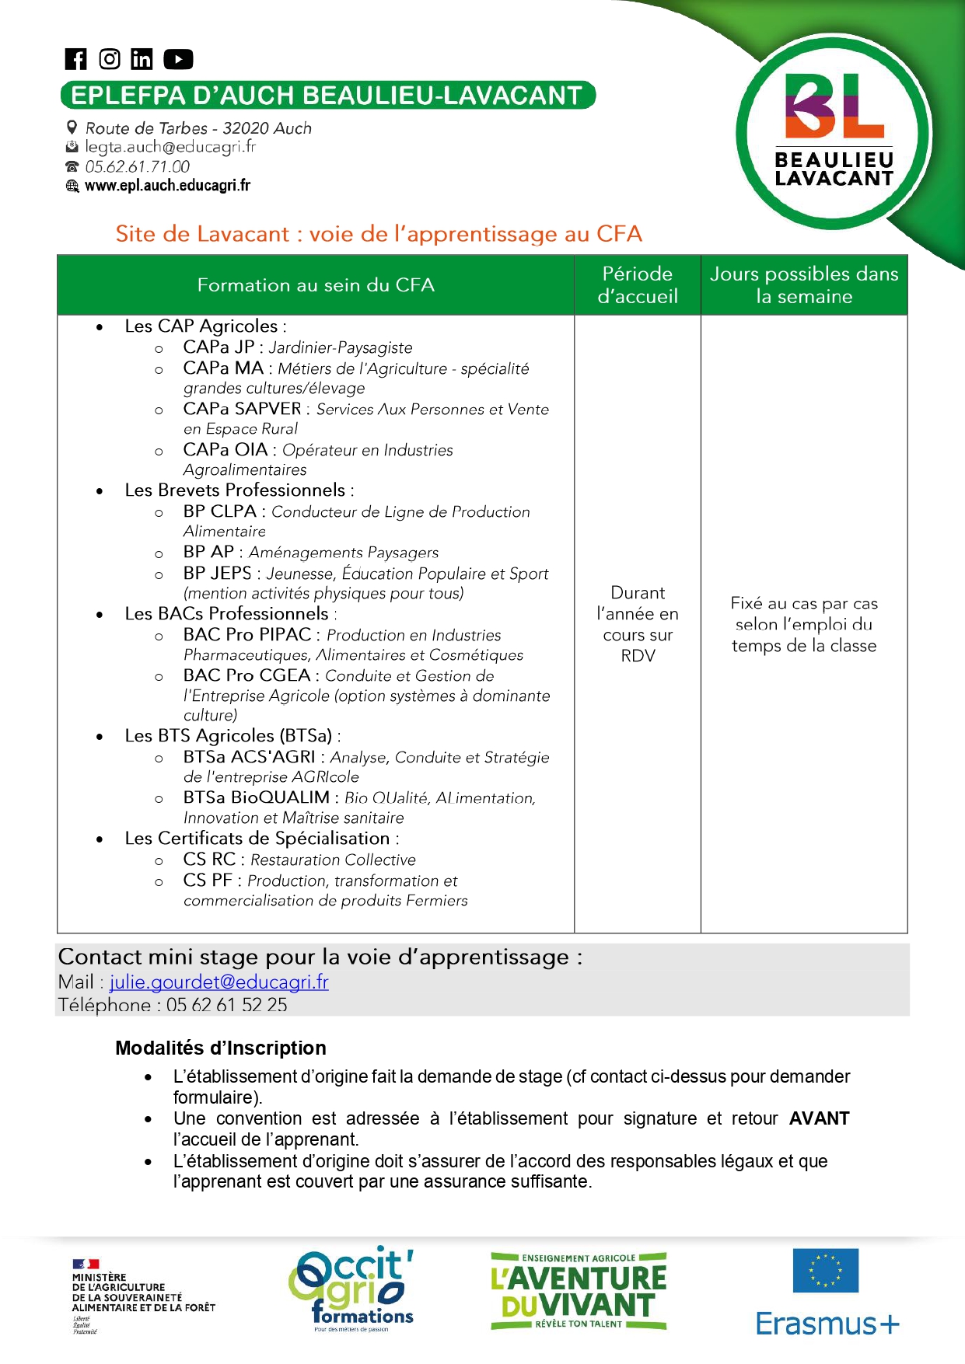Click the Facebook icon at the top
coord(75,59)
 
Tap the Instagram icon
coord(110,59)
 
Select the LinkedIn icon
coord(142,59)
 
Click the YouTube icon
coord(178,59)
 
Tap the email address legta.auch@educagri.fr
coord(170,147)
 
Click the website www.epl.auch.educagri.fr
coord(167,186)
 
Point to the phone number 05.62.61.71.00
coord(138,166)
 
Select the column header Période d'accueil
coord(638,285)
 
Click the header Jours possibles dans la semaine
coord(804,285)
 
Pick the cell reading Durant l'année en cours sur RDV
coord(638,624)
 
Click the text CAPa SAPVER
coord(242,409)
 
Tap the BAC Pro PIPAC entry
coord(247,635)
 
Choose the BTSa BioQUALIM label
coord(257,797)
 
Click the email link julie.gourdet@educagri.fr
coord(219,982)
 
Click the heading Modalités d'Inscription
coord(221,1048)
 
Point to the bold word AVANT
coord(819,1118)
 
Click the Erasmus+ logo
coord(827,1292)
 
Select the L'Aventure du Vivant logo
coord(579,1291)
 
